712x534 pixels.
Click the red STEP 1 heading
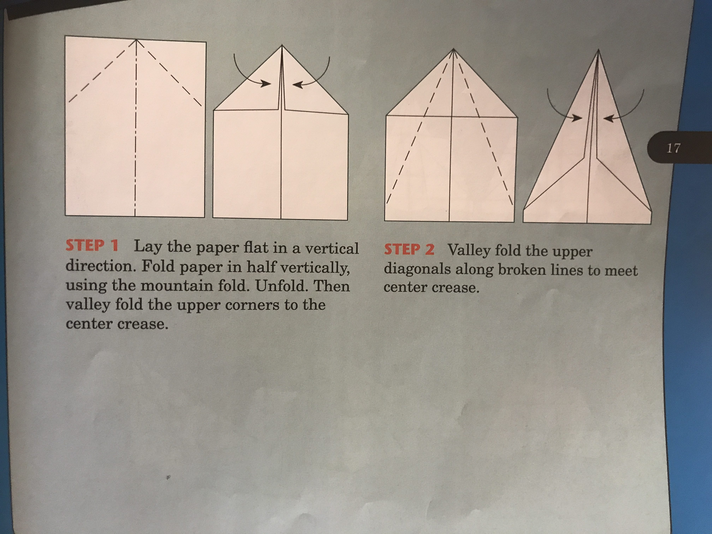point(92,246)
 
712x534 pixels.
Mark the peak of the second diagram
point(282,45)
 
